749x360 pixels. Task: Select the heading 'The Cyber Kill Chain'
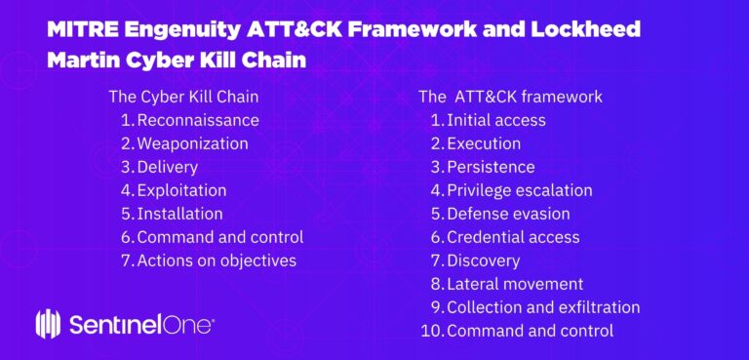183,97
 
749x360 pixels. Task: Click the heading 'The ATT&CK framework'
510,97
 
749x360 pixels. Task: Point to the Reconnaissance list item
198,120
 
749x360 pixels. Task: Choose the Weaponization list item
192,143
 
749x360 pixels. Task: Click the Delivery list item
167,167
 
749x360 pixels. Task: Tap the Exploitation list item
181,190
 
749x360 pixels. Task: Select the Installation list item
179,214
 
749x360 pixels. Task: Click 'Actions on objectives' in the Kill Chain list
217,260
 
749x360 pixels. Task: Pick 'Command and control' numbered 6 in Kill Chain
219,237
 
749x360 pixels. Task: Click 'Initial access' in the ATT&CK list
495,120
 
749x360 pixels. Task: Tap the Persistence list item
491,167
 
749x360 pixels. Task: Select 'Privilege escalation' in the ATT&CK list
519,190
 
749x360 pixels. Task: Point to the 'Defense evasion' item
508,214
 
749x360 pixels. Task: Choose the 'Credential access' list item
513,237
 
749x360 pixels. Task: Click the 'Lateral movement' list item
515,284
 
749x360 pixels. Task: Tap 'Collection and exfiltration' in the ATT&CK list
543,307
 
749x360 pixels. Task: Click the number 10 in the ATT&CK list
431,331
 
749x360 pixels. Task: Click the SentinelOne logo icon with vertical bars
49,323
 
